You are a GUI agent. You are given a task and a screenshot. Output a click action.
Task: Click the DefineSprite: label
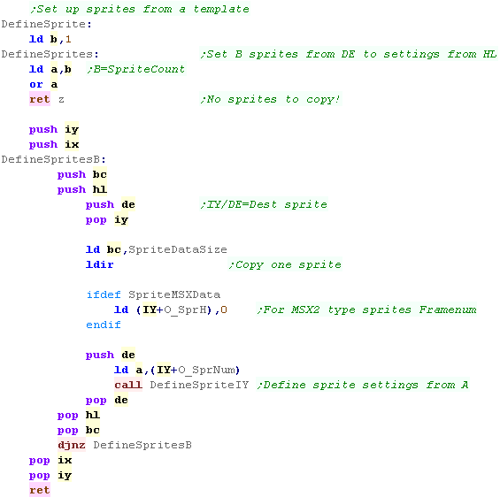(47, 24)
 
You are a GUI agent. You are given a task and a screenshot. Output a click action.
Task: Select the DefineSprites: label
(50, 54)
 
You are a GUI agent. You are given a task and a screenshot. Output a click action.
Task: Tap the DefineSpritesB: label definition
(54, 159)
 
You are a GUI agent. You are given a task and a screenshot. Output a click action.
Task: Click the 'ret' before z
(40, 99)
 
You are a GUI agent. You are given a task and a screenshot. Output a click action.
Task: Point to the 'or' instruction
(36, 84)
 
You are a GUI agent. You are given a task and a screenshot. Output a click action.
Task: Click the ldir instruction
(99, 264)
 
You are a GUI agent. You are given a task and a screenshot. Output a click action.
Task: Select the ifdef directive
(104, 294)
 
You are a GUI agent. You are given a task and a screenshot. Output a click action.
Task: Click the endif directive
(104, 325)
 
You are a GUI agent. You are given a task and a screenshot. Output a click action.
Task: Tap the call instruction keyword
(128, 385)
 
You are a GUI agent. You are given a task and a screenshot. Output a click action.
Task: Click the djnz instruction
(72, 445)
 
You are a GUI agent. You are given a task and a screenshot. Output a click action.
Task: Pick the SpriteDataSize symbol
(178, 249)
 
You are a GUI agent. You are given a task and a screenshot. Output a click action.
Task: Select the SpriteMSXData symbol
(174, 294)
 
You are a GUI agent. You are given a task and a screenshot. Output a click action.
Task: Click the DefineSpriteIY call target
(199, 385)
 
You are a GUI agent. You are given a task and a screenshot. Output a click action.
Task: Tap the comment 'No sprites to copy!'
(271, 99)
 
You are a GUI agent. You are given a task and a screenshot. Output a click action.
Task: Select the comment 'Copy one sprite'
(285, 264)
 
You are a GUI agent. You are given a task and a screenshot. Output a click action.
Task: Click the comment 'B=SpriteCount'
(136, 70)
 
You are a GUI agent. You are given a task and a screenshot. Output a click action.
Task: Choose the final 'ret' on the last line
(40, 490)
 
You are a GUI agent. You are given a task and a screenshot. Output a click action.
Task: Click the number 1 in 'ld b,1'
(68, 39)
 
